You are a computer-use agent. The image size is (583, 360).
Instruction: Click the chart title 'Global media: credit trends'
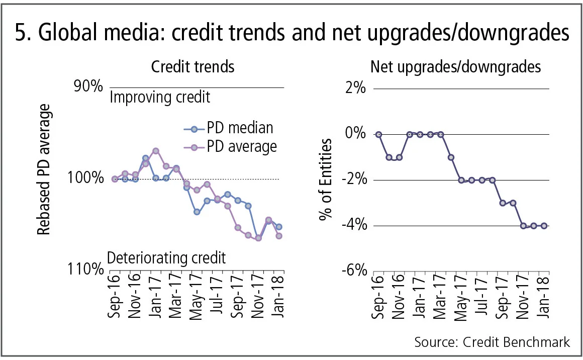pyautogui.click(x=291, y=34)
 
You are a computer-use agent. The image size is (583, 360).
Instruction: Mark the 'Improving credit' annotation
pyautogui.click(x=160, y=97)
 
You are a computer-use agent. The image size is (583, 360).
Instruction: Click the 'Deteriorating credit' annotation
pyautogui.click(x=167, y=258)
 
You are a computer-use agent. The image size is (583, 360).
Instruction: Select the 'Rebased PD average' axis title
pyautogui.click(x=44, y=170)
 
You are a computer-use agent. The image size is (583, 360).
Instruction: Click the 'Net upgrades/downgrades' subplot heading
pyautogui.click(x=455, y=66)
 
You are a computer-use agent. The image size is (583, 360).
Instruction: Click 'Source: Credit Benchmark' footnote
pyautogui.click(x=492, y=342)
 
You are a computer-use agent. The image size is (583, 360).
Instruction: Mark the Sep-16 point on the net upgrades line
pyautogui.click(x=378, y=134)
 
